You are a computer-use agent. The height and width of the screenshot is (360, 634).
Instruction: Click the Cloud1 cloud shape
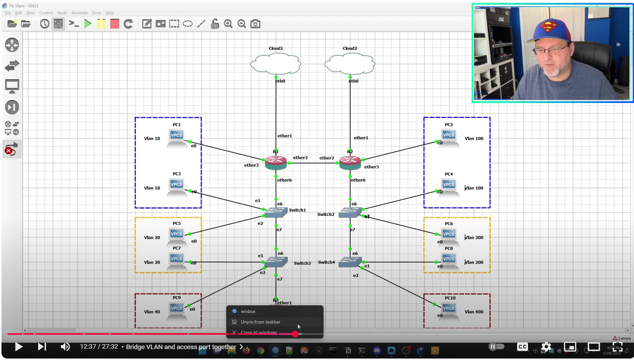click(275, 63)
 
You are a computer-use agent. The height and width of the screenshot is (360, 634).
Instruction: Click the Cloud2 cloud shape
click(350, 63)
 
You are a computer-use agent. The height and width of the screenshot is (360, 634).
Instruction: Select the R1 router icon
click(276, 162)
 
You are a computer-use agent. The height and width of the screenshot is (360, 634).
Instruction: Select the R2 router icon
click(350, 162)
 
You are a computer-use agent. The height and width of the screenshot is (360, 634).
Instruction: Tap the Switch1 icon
click(276, 212)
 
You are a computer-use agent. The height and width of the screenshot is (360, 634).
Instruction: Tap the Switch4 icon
click(350, 262)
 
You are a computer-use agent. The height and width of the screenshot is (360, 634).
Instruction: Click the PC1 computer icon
click(177, 138)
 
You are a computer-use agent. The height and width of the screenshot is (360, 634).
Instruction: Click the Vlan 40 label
click(152, 312)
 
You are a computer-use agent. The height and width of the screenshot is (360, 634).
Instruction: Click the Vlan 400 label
click(474, 312)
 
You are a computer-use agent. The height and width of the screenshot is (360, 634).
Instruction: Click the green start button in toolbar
click(88, 23)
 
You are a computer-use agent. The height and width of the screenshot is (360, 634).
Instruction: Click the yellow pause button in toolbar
click(102, 23)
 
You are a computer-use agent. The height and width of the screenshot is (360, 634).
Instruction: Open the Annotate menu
click(79, 13)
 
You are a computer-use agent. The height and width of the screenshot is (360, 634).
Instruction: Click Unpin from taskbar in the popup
click(260, 322)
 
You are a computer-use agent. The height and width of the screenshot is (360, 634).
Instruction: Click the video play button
click(18, 347)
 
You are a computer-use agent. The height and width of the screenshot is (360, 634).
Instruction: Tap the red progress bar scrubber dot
click(295, 334)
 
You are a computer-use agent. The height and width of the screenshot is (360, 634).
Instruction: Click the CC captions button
click(523, 347)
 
